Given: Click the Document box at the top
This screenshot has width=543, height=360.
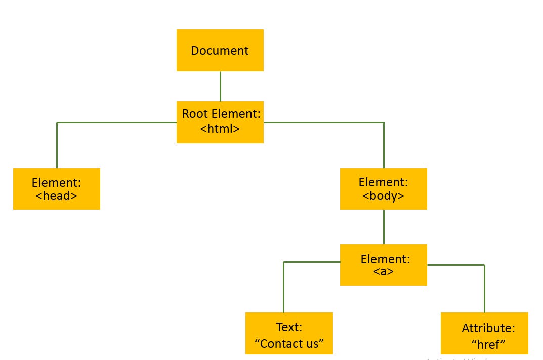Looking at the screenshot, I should (220, 50).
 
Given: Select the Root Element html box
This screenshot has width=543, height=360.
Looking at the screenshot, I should (220, 122).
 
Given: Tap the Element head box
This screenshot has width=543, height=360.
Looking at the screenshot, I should (56, 188).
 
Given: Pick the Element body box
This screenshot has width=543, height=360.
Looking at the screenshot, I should (383, 188).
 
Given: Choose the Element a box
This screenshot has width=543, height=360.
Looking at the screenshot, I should (383, 264).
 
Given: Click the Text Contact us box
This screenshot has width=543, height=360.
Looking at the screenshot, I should (289, 333).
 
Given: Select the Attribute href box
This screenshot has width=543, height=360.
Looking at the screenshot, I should (484, 333).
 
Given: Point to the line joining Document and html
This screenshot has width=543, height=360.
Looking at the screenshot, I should (220, 86).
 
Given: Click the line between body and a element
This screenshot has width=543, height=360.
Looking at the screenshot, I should (384, 226).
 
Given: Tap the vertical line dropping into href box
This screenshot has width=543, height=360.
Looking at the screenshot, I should (484, 289).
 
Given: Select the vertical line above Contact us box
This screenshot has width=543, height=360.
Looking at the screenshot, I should (283, 288).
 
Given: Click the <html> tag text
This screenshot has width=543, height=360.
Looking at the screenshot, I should (220, 129).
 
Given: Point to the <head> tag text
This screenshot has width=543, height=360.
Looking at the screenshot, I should (57, 195).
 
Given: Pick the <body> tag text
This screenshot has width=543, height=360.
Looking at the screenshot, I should (383, 195).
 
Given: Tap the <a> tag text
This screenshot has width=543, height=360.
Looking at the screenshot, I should (384, 271).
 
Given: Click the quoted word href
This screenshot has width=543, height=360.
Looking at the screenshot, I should (488, 344).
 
